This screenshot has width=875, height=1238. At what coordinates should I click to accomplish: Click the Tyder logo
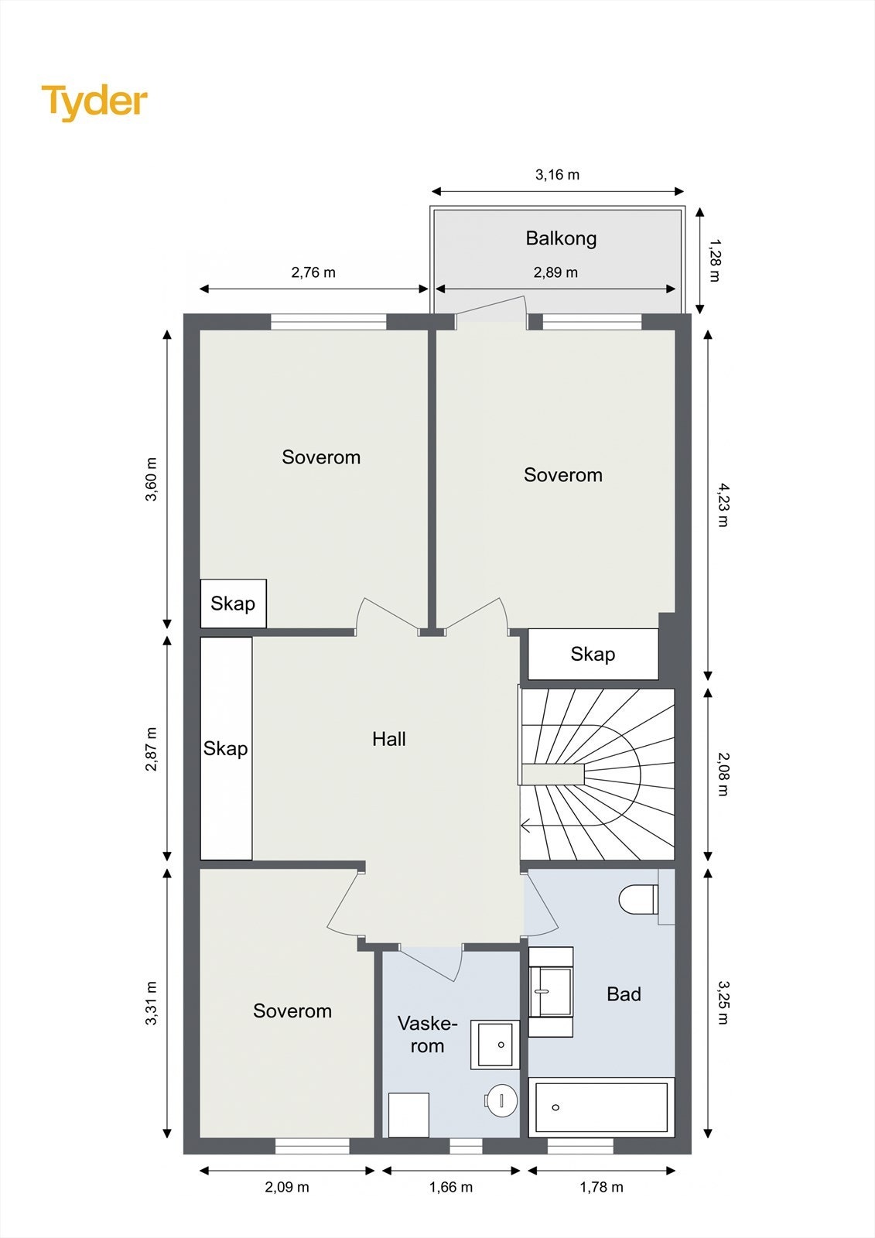click(94, 101)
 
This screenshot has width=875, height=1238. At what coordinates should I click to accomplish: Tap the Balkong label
click(561, 238)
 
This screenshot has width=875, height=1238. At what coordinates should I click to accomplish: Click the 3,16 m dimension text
click(557, 175)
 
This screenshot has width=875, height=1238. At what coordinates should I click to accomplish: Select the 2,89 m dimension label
click(555, 272)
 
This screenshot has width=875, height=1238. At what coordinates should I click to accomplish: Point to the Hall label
click(388, 739)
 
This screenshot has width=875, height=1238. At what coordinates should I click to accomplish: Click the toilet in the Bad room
click(637, 899)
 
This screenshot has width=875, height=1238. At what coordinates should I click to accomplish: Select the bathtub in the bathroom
click(601, 1107)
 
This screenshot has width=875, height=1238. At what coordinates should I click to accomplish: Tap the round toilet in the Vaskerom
click(502, 1099)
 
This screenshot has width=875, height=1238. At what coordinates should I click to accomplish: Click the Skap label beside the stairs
click(593, 655)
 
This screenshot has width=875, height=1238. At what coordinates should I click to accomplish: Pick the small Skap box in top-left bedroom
click(233, 604)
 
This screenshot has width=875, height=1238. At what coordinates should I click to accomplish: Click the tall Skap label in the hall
click(225, 748)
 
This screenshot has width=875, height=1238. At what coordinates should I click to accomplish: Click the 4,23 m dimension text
click(723, 504)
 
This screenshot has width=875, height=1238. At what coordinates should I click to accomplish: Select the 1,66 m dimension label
click(451, 1187)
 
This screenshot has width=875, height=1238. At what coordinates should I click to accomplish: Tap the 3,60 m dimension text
click(152, 480)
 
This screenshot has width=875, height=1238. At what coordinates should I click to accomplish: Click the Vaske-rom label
click(427, 1035)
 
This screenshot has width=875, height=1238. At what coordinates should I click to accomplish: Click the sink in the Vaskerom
click(495, 1045)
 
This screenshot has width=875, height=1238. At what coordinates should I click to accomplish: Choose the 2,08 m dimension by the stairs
click(723, 774)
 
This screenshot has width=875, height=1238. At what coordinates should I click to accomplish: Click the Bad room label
click(624, 994)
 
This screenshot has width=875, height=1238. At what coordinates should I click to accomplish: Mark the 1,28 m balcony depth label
click(713, 261)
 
